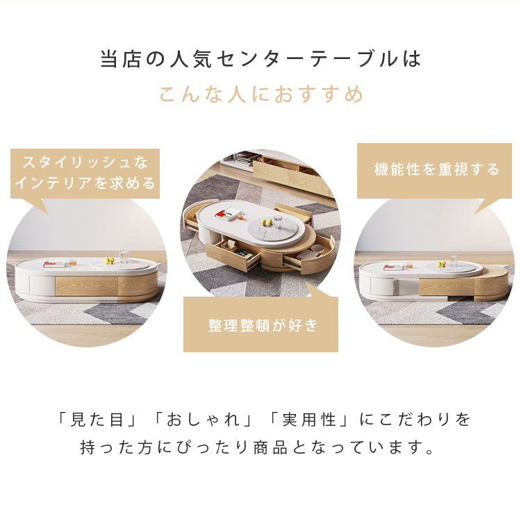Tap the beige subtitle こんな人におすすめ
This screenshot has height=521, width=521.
click(261, 94)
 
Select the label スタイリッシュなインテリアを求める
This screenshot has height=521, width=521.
click(85, 173)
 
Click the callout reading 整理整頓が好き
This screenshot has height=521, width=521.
click(261, 325)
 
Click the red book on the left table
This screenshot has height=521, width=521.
click(53, 264)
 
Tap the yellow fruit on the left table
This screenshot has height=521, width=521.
click(109, 261)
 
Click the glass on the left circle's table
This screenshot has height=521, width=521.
click(124, 258)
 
